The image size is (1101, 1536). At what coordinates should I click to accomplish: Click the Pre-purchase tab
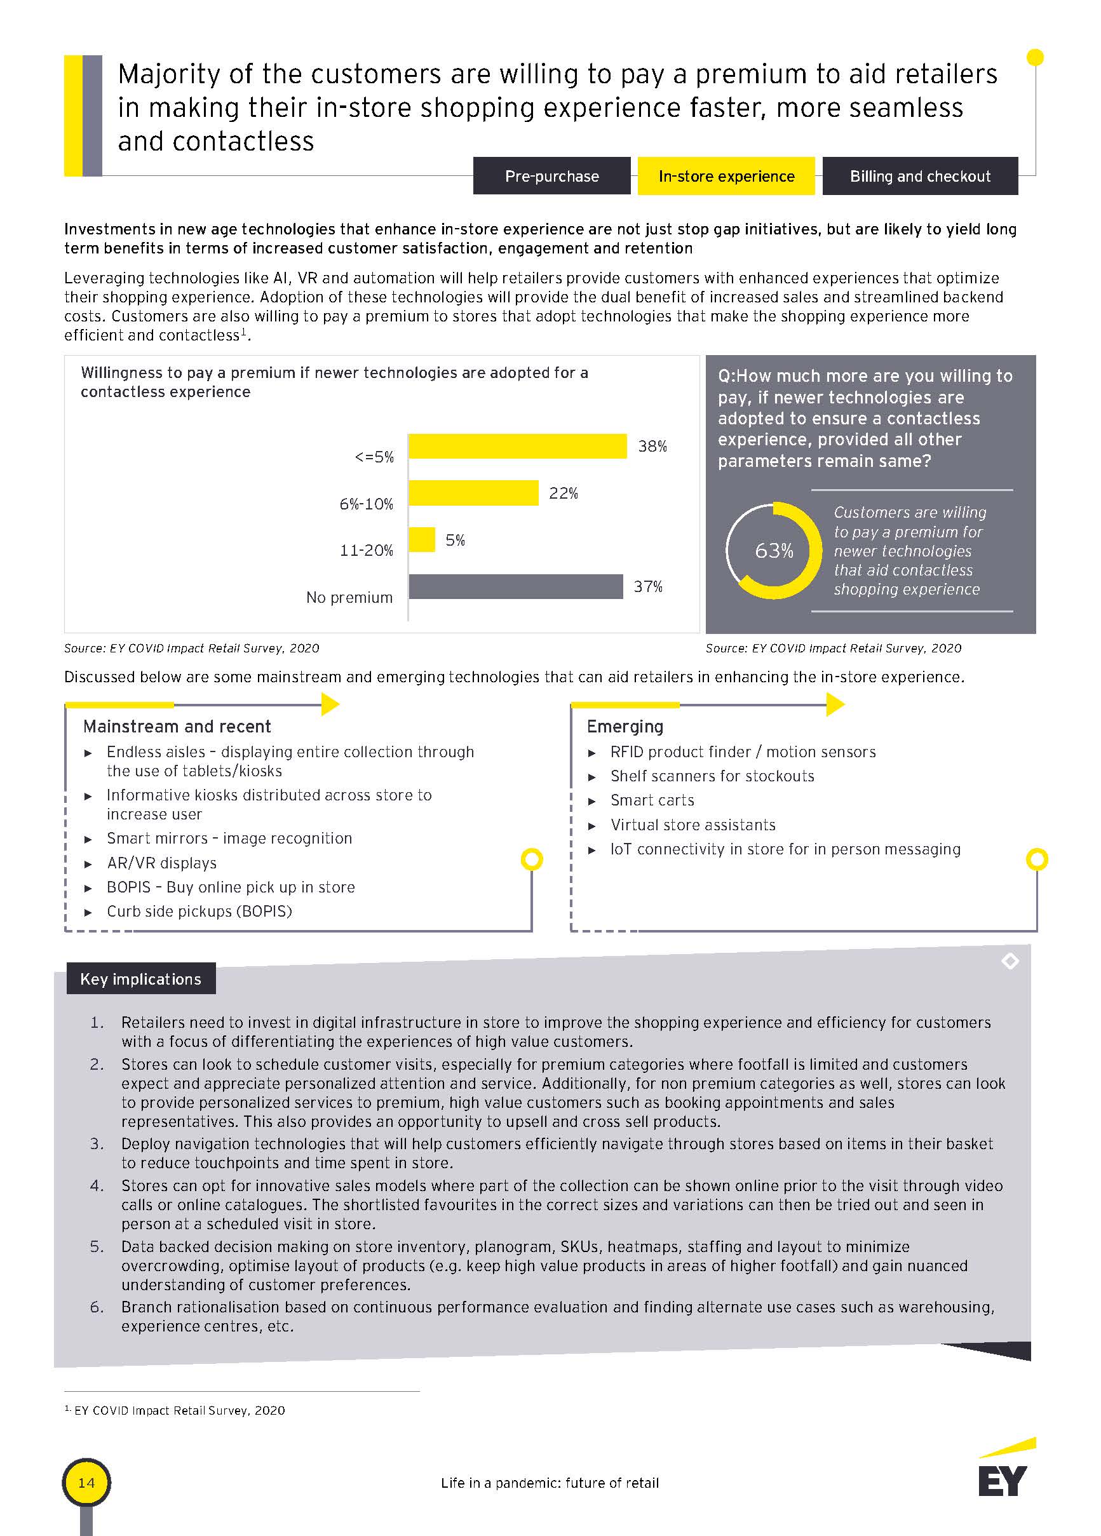[551, 176]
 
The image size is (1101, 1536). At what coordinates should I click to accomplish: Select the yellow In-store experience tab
[726, 176]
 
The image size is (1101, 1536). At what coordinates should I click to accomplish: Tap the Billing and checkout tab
[919, 176]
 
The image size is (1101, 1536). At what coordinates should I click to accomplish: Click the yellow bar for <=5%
[517, 447]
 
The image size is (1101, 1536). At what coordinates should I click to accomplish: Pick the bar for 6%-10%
[473, 493]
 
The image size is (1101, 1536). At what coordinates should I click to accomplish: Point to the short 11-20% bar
[421, 540]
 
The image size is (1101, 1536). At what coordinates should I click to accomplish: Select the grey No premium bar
[515, 586]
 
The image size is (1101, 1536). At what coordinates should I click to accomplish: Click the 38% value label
[652, 447]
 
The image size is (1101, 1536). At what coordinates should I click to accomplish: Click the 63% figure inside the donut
[773, 551]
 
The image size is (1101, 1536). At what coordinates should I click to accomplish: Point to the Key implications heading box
[141, 979]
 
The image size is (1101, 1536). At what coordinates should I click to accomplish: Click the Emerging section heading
[625, 727]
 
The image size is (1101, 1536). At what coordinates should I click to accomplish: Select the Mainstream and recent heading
[177, 727]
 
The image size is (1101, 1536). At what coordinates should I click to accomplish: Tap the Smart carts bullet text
[652, 800]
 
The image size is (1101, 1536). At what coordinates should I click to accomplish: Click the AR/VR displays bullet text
[161, 863]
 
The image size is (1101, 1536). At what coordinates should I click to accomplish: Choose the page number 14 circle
[86, 1483]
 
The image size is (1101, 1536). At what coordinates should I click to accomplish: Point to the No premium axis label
[349, 597]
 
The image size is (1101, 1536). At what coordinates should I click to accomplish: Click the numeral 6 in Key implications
[96, 1307]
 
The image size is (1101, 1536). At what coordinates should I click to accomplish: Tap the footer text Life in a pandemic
[550, 1483]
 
